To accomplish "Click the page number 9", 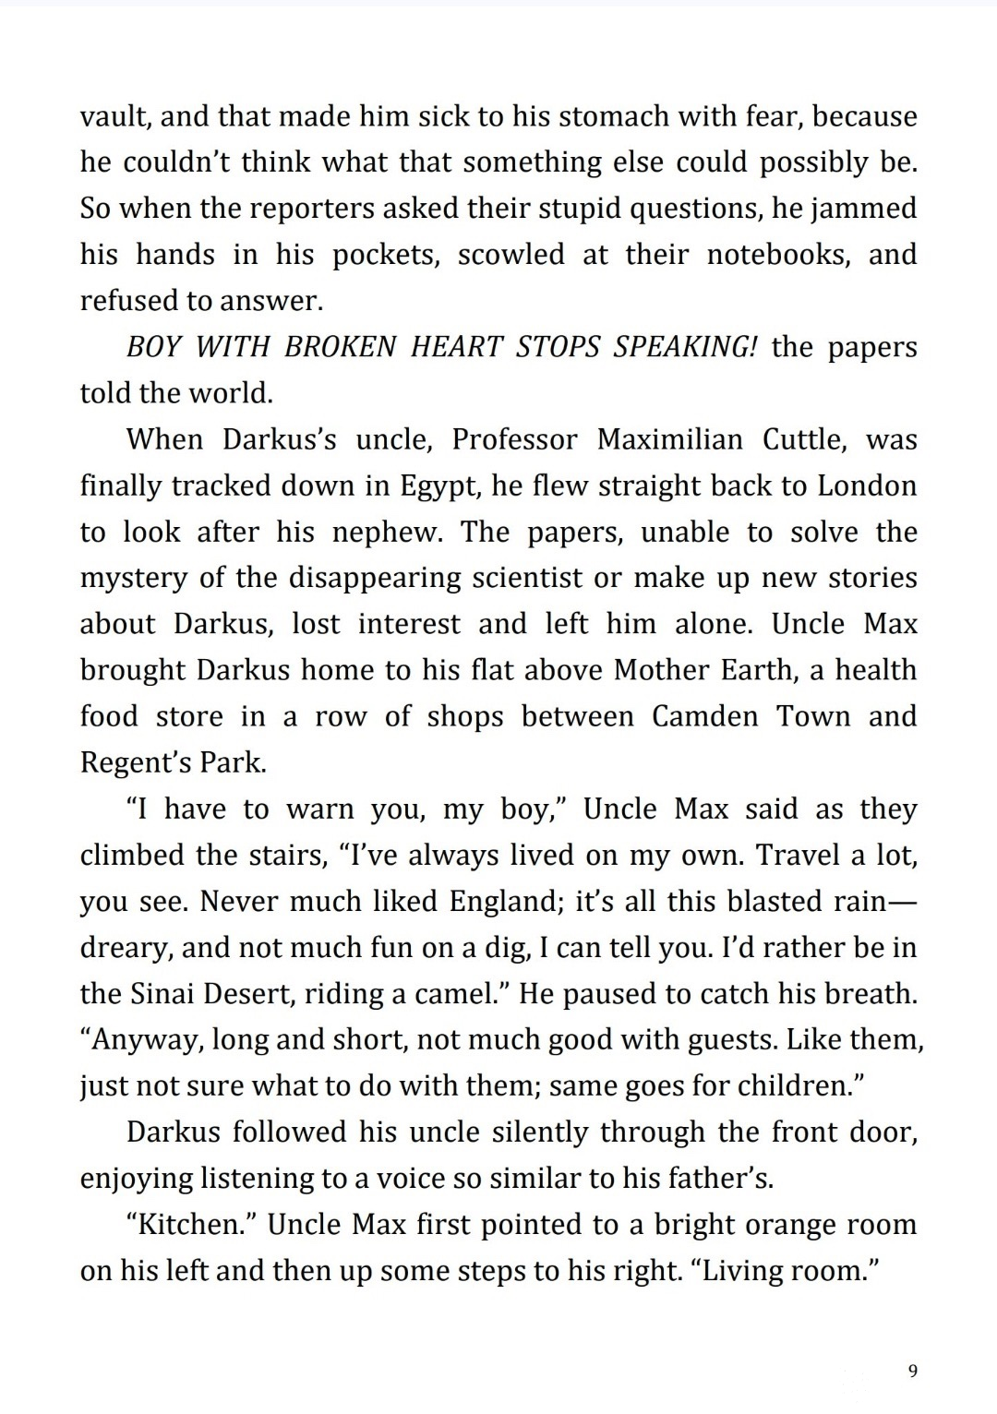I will click(x=912, y=1371).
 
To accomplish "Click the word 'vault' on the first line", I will click(x=107, y=117).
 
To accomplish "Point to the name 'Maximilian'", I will click(x=669, y=440).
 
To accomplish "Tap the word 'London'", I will click(x=867, y=486).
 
